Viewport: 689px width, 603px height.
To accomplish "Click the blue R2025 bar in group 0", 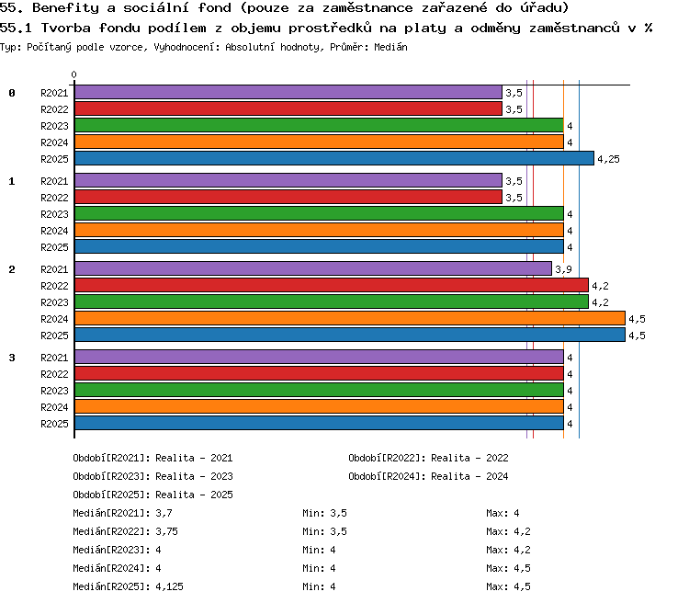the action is coord(334,158).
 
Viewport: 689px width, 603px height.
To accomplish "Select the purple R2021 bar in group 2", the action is coord(313,268).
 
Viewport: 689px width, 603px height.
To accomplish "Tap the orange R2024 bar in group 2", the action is coord(350,318).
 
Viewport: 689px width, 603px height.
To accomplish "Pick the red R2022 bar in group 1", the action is coord(288,197).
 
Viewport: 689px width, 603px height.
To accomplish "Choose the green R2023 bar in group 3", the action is coord(319,390).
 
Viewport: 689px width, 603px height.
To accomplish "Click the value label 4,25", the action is coord(608,159).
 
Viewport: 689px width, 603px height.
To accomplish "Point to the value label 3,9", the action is coord(563,269).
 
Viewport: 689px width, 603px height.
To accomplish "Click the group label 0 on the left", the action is coord(12,93).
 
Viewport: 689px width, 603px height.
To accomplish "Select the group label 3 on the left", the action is coord(12,358).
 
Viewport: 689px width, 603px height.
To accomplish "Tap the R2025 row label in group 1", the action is coord(54,247).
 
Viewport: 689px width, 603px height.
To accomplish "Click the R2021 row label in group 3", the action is coord(54,358).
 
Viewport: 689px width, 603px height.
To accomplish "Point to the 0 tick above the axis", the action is coord(73,74).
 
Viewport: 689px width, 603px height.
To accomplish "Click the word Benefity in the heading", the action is coord(65,8).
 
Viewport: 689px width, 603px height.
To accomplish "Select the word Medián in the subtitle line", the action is coord(390,47).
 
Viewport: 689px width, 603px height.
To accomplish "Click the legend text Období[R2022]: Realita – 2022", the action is coord(428,458).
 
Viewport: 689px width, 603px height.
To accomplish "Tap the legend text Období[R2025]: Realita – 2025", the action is coord(152,495).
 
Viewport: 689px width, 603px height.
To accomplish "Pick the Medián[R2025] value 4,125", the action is coord(169,586).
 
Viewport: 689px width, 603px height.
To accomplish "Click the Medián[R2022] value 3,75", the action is coord(166,531).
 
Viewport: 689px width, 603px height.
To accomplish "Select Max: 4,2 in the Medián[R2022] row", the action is coord(508,531).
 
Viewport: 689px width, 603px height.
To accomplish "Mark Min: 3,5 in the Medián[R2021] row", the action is coord(324,513).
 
